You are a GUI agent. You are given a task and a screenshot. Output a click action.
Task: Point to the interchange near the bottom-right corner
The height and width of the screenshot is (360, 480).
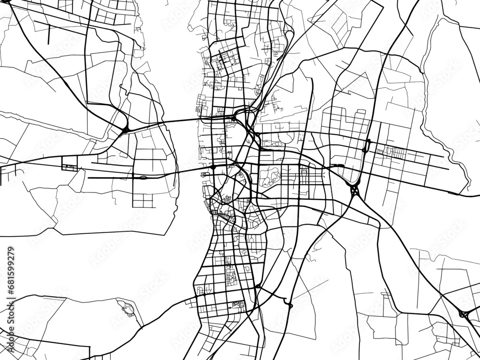464,314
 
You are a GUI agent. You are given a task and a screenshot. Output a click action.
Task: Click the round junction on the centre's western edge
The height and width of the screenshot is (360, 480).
212,167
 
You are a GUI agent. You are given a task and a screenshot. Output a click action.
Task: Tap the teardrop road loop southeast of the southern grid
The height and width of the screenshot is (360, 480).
289,305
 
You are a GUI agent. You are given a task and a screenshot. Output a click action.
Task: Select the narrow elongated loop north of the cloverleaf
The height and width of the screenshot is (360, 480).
368,145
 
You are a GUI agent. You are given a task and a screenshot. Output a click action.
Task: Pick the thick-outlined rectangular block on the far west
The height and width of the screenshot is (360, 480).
70,164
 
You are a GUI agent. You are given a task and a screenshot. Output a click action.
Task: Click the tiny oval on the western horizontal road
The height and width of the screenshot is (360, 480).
143,178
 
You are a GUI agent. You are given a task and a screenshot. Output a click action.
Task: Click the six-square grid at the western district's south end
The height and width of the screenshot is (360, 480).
143,201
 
